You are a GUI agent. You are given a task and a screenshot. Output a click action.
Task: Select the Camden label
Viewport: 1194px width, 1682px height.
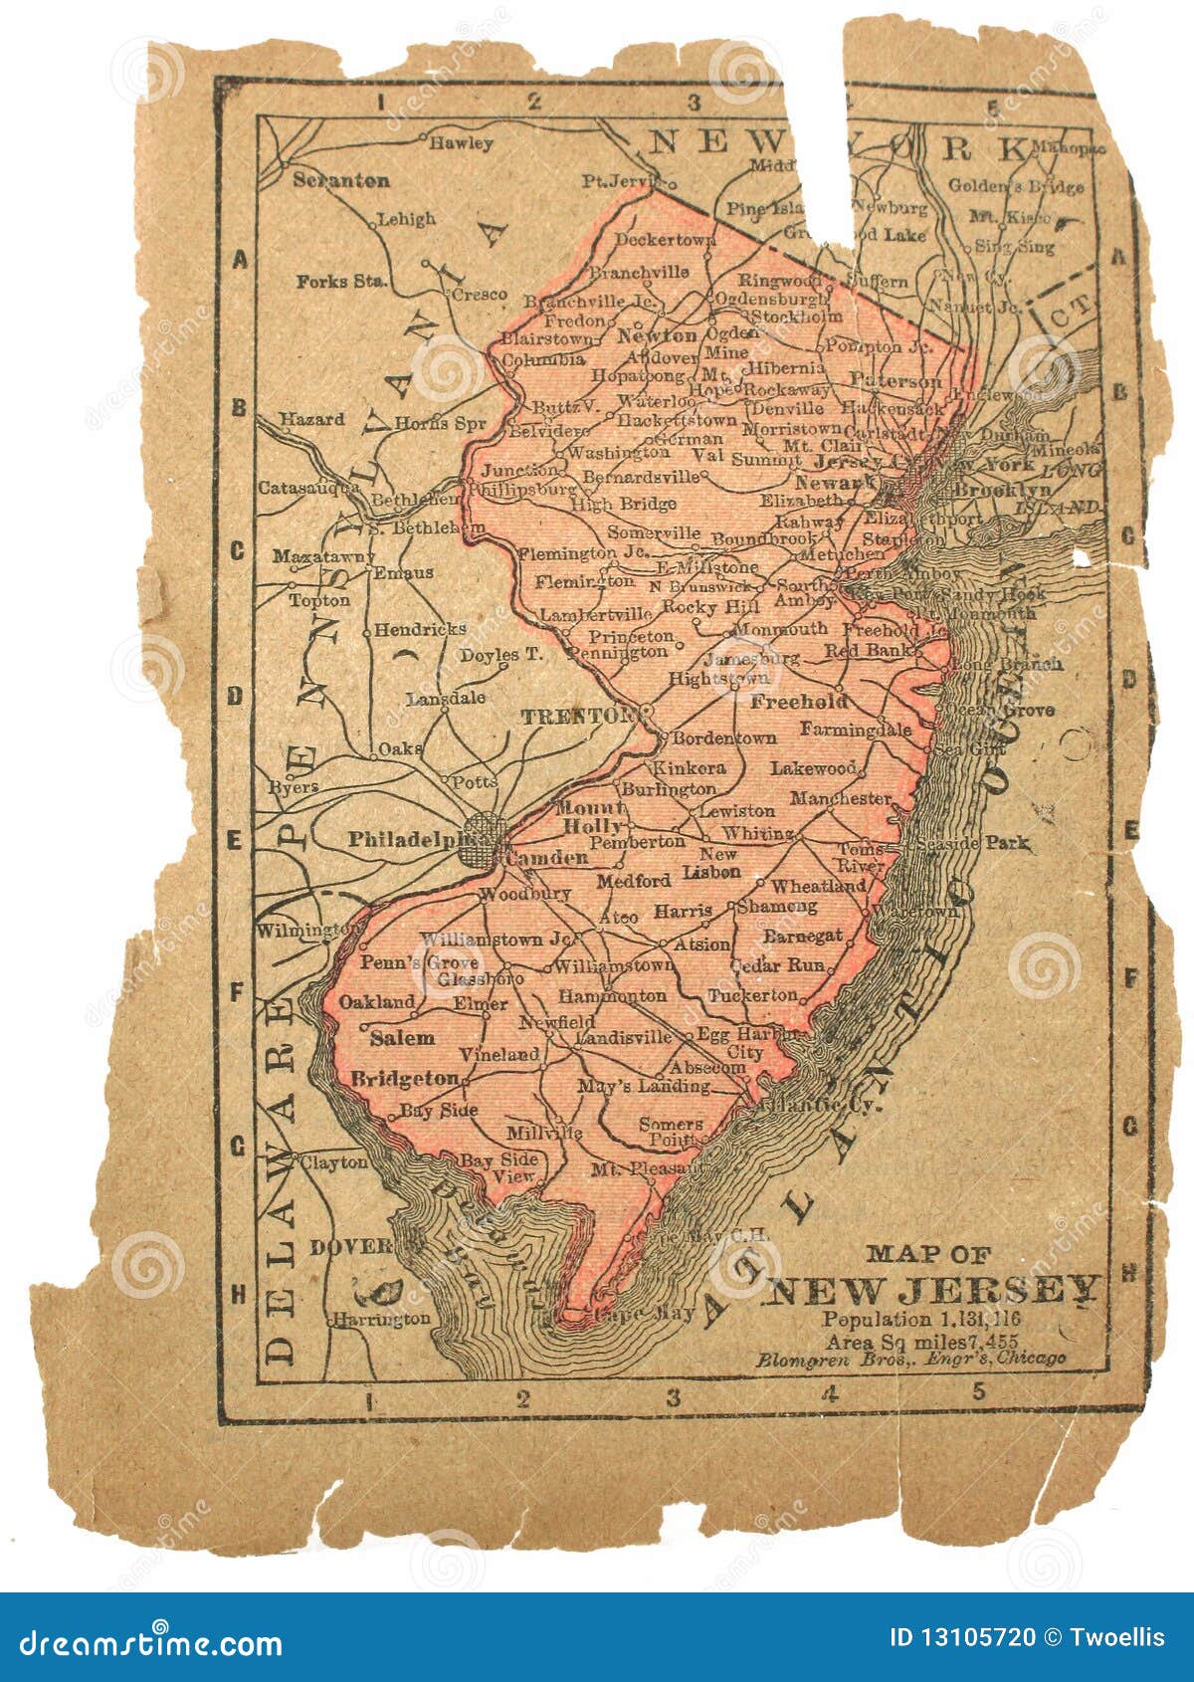pyautogui.click(x=547, y=858)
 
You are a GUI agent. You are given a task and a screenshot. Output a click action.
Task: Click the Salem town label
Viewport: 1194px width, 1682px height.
pyautogui.click(x=402, y=1038)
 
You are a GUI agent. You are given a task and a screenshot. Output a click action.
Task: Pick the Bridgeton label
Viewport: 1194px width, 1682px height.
pyautogui.click(x=405, y=1078)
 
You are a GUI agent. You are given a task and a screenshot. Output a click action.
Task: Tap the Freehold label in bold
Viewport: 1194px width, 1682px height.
pyautogui.click(x=799, y=702)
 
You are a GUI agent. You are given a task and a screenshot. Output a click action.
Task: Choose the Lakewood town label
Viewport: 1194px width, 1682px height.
pyautogui.click(x=813, y=768)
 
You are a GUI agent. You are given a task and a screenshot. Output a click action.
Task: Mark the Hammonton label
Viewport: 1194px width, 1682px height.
pyautogui.click(x=612, y=995)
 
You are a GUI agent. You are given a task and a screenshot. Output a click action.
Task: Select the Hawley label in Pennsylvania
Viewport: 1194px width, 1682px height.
pyautogui.click(x=461, y=142)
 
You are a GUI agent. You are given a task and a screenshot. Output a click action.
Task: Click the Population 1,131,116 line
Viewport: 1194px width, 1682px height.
pyautogui.click(x=920, y=1320)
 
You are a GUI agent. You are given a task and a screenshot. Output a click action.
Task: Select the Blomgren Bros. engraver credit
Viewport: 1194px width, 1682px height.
pyautogui.click(x=909, y=1358)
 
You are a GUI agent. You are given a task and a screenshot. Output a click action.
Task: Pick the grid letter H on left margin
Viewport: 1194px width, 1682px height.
pyautogui.click(x=239, y=1294)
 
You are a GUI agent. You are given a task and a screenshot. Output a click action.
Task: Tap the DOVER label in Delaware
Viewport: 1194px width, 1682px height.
pyautogui.click(x=350, y=1247)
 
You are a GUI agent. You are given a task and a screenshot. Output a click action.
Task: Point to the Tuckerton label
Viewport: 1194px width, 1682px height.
pyautogui.click(x=752, y=995)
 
